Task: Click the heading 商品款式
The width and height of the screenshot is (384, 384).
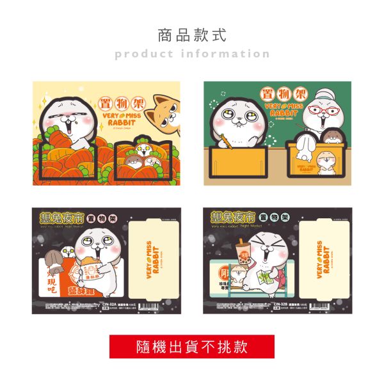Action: pyautogui.click(x=192, y=34)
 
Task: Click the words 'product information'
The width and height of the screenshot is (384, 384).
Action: pyautogui.click(x=192, y=54)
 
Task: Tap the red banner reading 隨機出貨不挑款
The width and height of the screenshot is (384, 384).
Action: pyautogui.click(x=192, y=348)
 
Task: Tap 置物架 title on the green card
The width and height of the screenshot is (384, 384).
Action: pyautogui.click(x=277, y=93)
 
